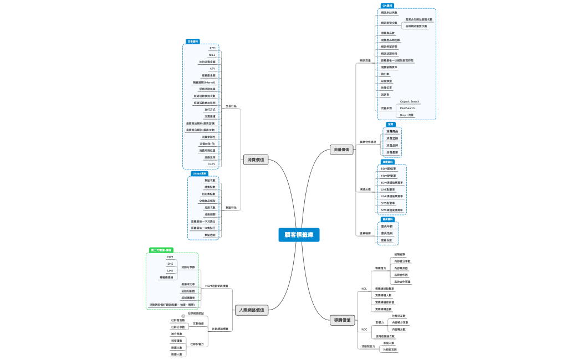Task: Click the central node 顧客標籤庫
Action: click(x=299, y=235)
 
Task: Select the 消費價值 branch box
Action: click(x=256, y=160)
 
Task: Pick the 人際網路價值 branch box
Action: click(x=252, y=310)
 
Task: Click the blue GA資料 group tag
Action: click(x=387, y=6)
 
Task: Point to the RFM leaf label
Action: click(x=212, y=48)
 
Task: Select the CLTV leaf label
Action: click(x=212, y=164)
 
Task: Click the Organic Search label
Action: click(x=410, y=101)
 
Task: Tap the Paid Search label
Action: click(x=407, y=108)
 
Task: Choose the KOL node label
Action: click(x=364, y=289)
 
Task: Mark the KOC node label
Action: click(x=364, y=329)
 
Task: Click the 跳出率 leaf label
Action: click(x=385, y=74)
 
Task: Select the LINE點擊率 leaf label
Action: click(x=389, y=189)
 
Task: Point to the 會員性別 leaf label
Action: click(x=387, y=233)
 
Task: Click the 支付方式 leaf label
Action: click(x=210, y=110)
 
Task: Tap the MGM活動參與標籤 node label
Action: click(x=216, y=286)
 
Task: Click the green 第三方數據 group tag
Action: click(x=161, y=250)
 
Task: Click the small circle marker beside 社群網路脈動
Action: click(x=183, y=316)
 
